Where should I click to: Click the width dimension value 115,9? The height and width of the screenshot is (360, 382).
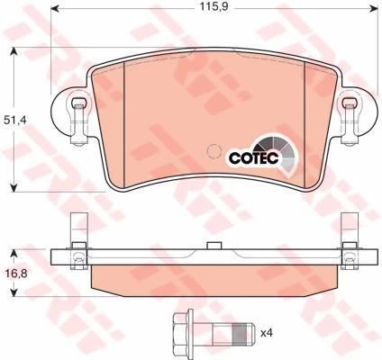212,10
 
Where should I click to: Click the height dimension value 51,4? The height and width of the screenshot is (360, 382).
14,118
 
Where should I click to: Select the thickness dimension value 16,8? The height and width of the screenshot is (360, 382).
14,269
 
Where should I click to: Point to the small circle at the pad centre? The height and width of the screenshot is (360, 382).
214,150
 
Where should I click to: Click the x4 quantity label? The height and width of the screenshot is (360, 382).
267,334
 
